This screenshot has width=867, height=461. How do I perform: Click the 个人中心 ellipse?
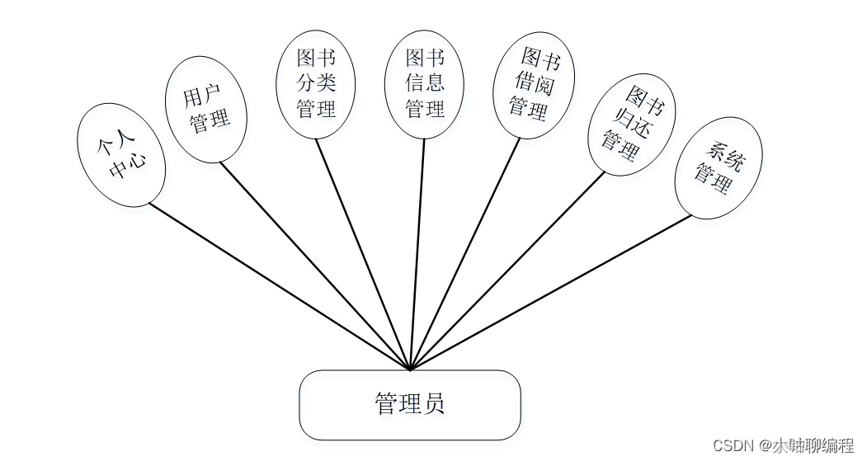click(x=121, y=155)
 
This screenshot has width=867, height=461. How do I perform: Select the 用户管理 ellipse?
click(x=206, y=109)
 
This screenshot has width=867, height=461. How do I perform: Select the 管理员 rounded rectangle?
click(x=410, y=404)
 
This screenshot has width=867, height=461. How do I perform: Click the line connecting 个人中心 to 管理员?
click(x=279, y=286)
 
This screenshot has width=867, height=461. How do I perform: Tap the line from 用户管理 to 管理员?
click(x=315, y=266)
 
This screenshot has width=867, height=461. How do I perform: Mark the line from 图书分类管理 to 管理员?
click(x=363, y=255)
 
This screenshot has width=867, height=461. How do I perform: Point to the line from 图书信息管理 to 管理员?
click(x=417, y=254)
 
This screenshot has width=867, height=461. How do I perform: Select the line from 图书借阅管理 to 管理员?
click(x=465, y=254)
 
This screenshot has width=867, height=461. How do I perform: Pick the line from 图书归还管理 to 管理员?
click(x=507, y=271)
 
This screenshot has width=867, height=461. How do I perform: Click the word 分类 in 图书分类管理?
click(x=316, y=83)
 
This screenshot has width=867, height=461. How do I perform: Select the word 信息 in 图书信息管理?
click(x=424, y=83)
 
